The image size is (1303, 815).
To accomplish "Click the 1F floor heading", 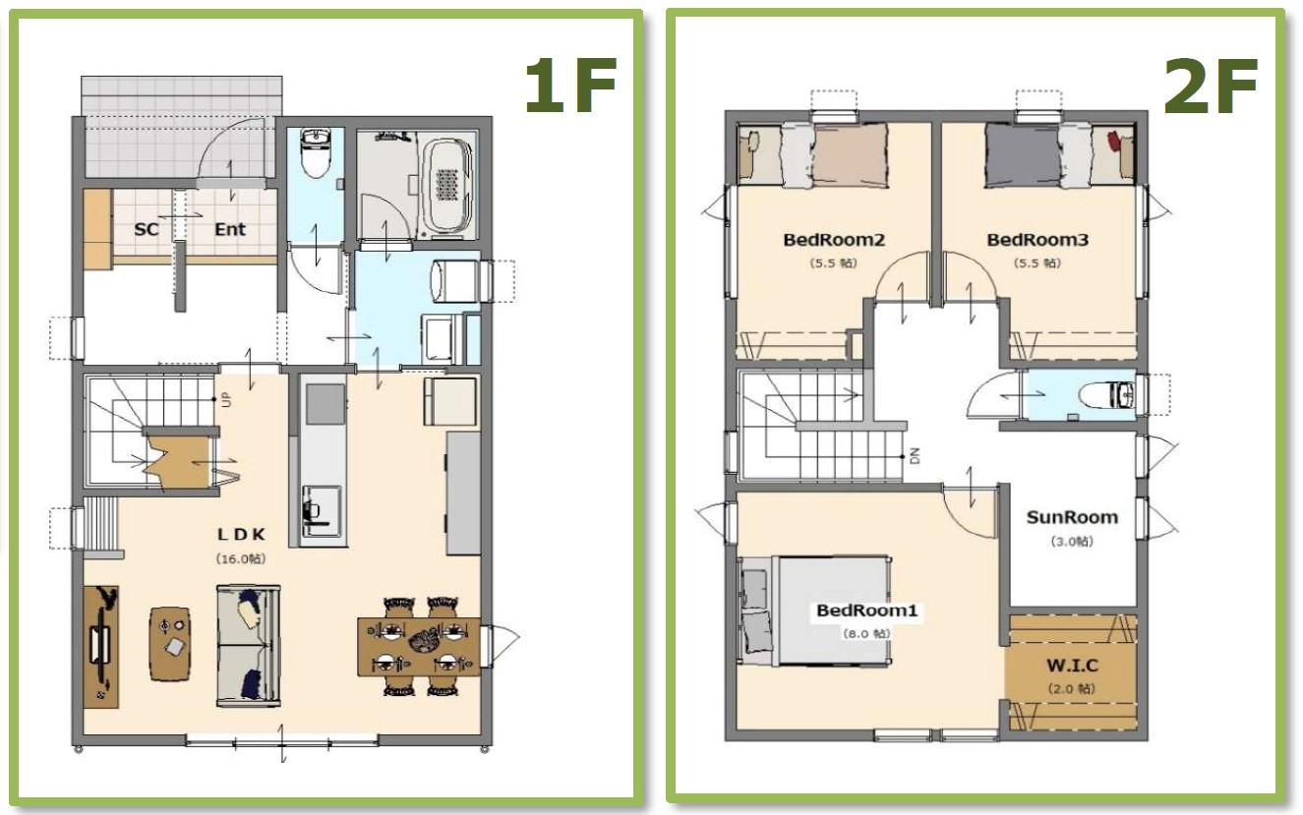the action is pyautogui.click(x=570, y=86).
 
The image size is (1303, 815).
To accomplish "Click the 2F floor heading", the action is pyautogui.click(x=1212, y=87).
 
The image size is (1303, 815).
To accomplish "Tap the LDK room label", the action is pyautogui.click(x=241, y=534).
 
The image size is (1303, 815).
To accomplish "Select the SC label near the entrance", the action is pyautogui.click(x=146, y=229).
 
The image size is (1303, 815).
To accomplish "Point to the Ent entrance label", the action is pyautogui.click(x=230, y=229).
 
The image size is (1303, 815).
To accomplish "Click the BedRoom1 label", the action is pyautogui.click(x=866, y=611).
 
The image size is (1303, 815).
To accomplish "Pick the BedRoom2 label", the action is pyautogui.click(x=834, y=239).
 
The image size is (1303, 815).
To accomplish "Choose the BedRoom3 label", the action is pyautogui.click(x=1037, y=239).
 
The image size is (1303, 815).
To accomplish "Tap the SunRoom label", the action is pyautogui.click(x=1072, y=517).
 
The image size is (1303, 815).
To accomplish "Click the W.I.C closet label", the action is pyautogui.click(x=1072, y=665).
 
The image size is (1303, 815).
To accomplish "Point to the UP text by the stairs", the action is pyautogui.click(x=227, y=400).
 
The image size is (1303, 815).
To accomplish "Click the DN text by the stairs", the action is pyautogui.click(x=915, y=455).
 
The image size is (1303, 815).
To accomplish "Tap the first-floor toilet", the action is pyautogui.click(x=316, y=153).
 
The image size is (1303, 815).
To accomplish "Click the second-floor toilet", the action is pyautogui.click(x=1106, y=395).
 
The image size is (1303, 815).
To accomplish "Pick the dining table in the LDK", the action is pyautogui.click(x=419, y=647).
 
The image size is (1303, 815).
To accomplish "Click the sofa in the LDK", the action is pyautogui.click(x=249, y=646).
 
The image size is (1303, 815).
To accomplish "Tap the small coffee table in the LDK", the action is pyautogui.click(x=170, y=643).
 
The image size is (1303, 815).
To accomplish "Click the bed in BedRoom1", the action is pyautogui.click(x=815, y=611).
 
